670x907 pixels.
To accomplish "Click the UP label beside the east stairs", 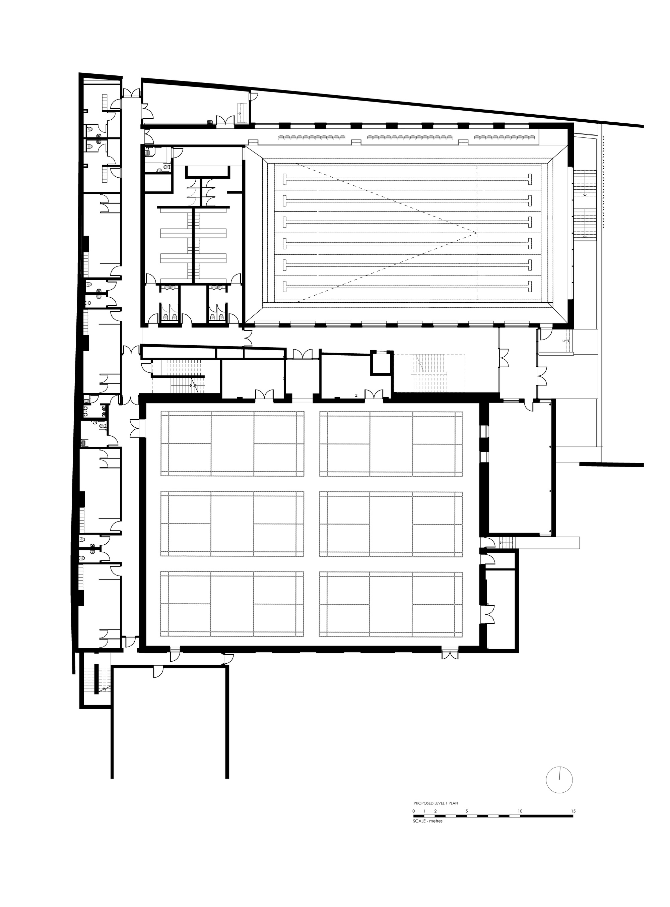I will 564,341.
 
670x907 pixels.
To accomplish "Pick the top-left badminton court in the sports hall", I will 232,443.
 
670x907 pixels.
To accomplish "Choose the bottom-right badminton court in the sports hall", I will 391,603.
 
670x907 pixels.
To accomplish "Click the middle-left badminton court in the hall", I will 232,524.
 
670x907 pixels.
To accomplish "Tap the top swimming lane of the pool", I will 408,179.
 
